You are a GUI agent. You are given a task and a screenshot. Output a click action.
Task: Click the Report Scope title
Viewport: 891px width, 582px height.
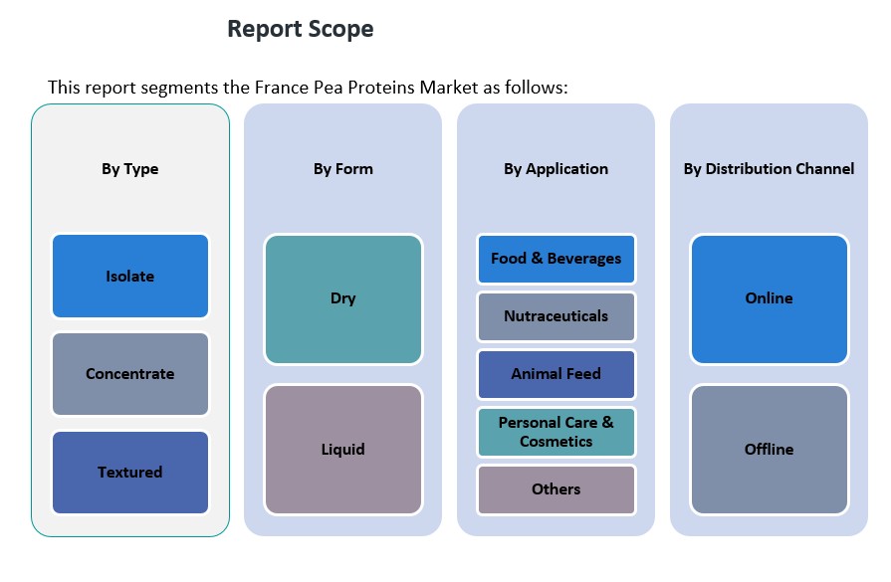click(300, 29)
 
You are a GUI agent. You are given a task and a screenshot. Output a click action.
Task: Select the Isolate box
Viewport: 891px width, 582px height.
click(129, 276)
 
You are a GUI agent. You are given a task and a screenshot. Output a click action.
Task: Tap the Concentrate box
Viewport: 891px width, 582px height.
click(129, 374)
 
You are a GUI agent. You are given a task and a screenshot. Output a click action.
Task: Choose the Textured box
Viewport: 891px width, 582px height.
click(129, 472)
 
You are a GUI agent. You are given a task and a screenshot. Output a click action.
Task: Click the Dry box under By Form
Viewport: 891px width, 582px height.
click(342, 298)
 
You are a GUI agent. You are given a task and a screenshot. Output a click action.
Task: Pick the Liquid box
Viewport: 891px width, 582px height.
click(342, 449)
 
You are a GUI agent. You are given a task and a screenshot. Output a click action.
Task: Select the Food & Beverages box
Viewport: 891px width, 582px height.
click(556, 259)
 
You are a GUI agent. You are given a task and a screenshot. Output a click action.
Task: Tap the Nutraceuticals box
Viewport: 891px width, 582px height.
click(556, 316)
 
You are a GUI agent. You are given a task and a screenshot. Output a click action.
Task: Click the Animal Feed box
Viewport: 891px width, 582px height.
click(556, 374)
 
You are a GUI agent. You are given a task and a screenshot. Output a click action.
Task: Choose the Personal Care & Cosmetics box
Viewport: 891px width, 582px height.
click(556, 432)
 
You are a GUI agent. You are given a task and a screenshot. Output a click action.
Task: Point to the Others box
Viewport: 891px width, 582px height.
click(556, 489)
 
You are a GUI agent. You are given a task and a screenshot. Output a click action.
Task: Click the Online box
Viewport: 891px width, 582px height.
click(769, 298)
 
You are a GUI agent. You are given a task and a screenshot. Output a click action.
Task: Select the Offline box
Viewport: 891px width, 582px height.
click(769, 449)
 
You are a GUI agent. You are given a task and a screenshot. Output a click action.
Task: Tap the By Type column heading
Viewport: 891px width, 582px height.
click(129, 169)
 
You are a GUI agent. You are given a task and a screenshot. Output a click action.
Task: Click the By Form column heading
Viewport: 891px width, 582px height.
click(342, 169)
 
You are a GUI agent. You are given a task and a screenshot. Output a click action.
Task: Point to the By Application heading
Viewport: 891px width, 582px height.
click(556, 169)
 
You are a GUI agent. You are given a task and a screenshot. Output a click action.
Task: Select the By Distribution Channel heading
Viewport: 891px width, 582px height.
click(769, 169)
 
